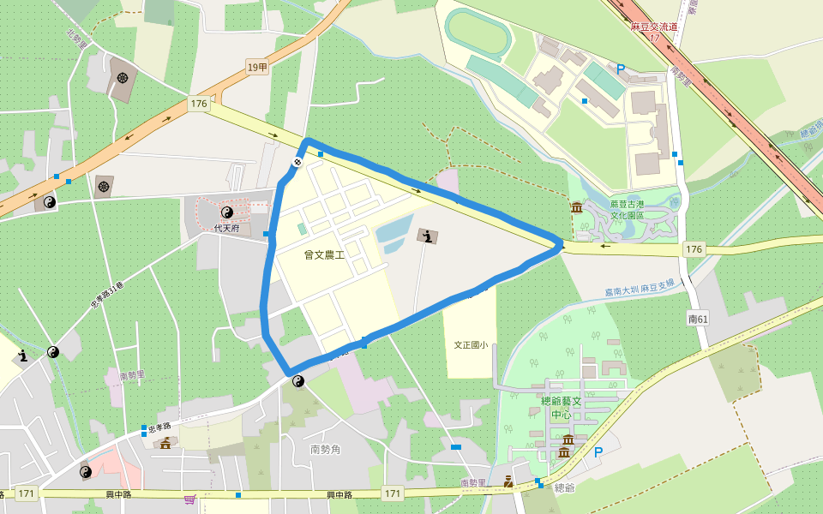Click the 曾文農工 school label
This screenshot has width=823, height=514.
tap(324, 254)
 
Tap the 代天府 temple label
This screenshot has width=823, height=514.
tap(225, 229)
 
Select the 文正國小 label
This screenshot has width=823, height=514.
tap(471, 345)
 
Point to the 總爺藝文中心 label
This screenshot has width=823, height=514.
tap(562, 408)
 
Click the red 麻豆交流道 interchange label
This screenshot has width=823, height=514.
tap(654, 27)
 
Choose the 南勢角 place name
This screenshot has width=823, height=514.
tap(326, 449)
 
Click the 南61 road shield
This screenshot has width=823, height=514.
tap(698, 319)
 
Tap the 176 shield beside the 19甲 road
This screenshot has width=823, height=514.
tap(199, 104)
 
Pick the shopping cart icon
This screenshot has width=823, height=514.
tap(189, 499)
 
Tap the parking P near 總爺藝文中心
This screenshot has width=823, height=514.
tap(598, 452)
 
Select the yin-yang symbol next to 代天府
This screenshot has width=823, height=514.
tap(227, 212)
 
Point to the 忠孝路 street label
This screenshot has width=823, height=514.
tap(159, 426)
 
